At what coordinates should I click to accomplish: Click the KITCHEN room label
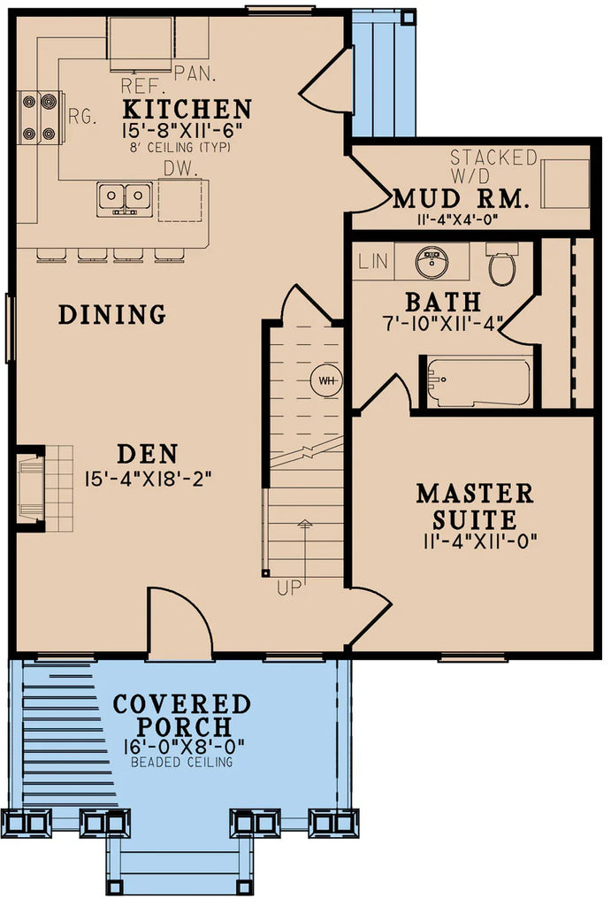click(187, 110)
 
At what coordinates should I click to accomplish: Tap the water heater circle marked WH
click(327, 380)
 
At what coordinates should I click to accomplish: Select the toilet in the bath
click(501, 266)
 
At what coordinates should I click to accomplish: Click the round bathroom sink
click(433, 262)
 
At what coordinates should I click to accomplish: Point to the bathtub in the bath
click(478, 382)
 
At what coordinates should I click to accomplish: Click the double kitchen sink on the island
click(126, 196)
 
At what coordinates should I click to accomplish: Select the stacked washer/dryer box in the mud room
click(564, 183)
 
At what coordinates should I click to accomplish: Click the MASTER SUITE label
click(475, 505)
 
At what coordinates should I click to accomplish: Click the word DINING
click(112, 314)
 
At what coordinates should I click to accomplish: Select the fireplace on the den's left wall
click(30, 487)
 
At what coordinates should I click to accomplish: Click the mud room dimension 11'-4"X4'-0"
click(462, 219)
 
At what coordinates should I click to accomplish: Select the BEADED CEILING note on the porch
click(182, 762)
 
